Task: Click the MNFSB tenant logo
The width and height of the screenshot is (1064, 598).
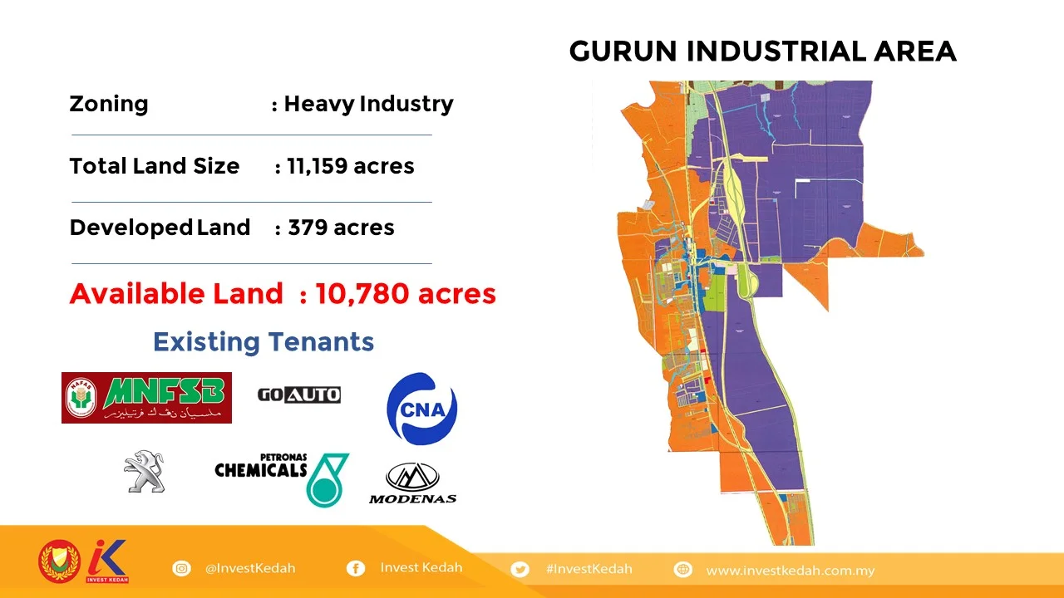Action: [x=146, y=398]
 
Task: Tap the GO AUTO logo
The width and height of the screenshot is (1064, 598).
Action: [x=298, y=395]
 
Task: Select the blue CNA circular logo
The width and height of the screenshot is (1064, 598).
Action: [x=421, y=408]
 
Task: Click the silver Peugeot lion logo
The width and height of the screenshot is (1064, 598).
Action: [x=145, y=472]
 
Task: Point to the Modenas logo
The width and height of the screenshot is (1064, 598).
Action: [x=412, y=483]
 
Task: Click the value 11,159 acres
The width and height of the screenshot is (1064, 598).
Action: [x=350, y=166]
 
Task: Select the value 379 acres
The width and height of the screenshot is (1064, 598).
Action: [x=341, y=228]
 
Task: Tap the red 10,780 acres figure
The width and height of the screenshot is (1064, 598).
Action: [x=406, y=293]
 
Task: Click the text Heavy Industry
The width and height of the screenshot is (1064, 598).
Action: [x=368, y=105]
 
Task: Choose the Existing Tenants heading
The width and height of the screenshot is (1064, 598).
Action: [x=264, y=341]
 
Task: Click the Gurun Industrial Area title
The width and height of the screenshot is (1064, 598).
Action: [x=762, y=51]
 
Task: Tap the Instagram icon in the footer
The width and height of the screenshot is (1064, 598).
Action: [x=181, y=569]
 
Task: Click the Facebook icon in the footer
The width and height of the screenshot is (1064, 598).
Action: [x=355, y=569]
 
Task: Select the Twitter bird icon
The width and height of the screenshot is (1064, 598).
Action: [x=520, y=569]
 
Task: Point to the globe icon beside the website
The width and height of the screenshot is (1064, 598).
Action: [x=683, y=570]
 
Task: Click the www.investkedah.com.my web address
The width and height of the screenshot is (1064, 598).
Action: [x=790, y=571]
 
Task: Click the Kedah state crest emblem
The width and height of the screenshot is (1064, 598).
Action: [x=58, y=562]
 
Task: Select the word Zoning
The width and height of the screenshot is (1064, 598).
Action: [x=109, y=105]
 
